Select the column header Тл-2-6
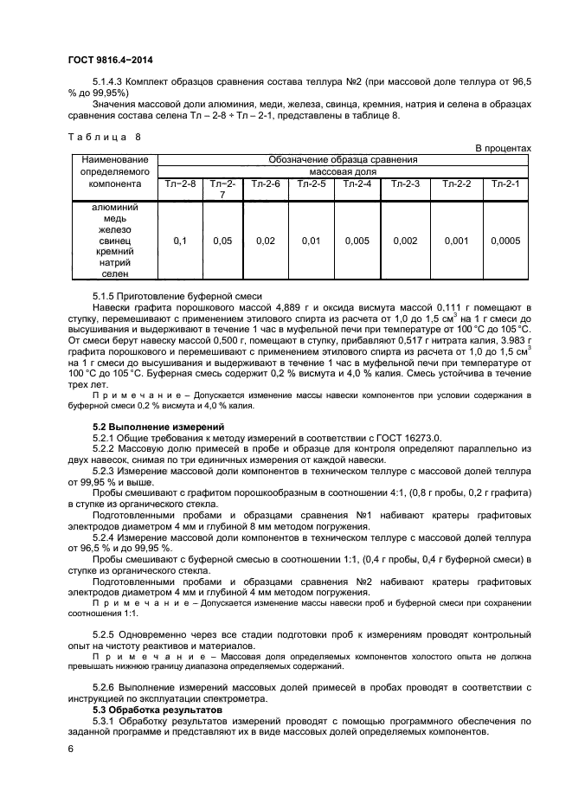point(266,183)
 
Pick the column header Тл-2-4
point(357,183)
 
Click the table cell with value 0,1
point(180,241)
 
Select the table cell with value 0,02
point(266,241)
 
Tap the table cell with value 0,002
point(405,241)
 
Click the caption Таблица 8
point(102,137)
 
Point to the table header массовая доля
point(343,171)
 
